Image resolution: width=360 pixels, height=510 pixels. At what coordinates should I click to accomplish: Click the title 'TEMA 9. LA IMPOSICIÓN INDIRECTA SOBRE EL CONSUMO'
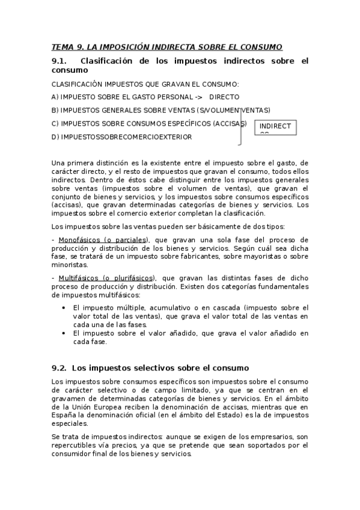pos(166,48)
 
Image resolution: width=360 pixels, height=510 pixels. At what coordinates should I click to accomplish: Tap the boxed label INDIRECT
pos(275,126)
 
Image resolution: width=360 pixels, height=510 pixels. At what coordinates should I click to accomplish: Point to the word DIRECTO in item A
pos(224,97)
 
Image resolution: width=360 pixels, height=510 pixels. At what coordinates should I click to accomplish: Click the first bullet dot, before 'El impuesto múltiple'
pos(65,307)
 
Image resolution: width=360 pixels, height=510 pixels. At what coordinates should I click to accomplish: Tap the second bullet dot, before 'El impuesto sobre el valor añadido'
pos(65,333)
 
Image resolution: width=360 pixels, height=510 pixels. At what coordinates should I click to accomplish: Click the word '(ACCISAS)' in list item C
pos(230,123)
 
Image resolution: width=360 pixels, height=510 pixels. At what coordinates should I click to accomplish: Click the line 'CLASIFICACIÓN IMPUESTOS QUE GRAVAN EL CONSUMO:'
pos(145,84)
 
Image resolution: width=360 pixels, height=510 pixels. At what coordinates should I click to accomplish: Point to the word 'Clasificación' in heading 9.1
pos(109,61)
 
